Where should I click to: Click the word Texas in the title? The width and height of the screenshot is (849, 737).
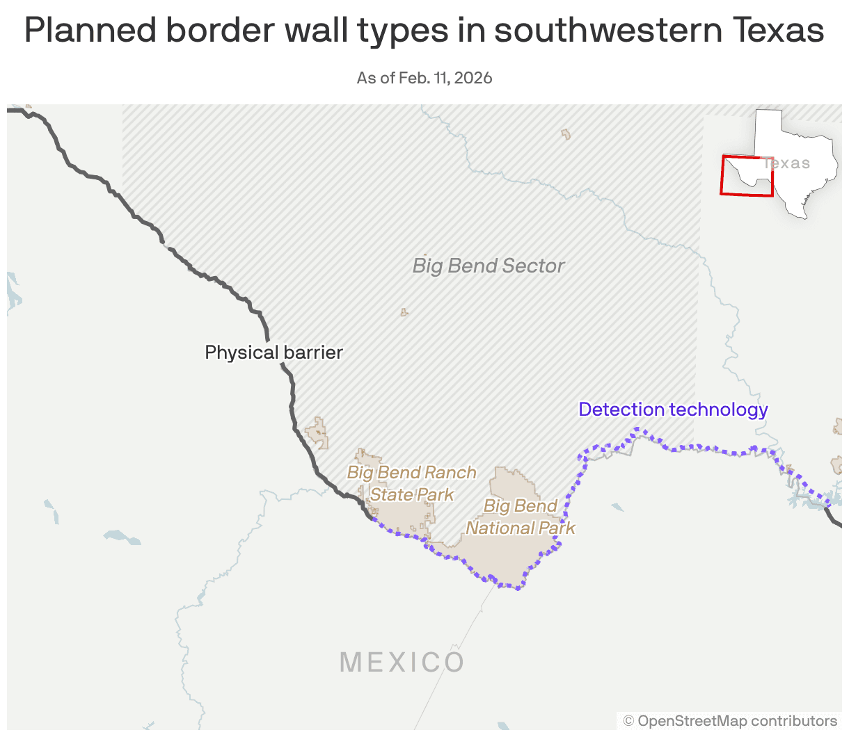pyautogui.click(x=779, y=30)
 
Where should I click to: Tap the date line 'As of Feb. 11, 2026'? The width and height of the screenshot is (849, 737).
pyautogui.click(x=424, y=78)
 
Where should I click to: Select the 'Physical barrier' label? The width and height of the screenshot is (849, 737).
pyautogui.click(x=273, y=353)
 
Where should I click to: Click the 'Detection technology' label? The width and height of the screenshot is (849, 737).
pyautogui.click(x=673, y=410)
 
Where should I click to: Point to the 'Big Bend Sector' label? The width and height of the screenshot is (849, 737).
pyautogui.click(x=488, y=266)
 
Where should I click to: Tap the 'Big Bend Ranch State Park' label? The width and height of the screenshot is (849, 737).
pyautogui.click(x=412, y=483)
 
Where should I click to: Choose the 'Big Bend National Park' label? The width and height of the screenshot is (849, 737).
pyautogui.click(x=521, y=517)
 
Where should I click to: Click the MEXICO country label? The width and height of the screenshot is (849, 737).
pyautogui.click(x=402, y=662)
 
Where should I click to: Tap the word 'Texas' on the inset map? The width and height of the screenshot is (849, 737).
pyautogui.click(x=787, y=163)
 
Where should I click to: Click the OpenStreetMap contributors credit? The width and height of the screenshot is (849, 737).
pyautogui.click(x=730, y=721)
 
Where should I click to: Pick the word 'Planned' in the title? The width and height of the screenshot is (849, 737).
pyautogui.click(x=90, y=30)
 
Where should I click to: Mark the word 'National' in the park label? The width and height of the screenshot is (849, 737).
pyautogui.click(x=500, y=528)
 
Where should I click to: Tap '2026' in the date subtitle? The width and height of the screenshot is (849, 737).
pyautogui.click(x=473, y=78)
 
